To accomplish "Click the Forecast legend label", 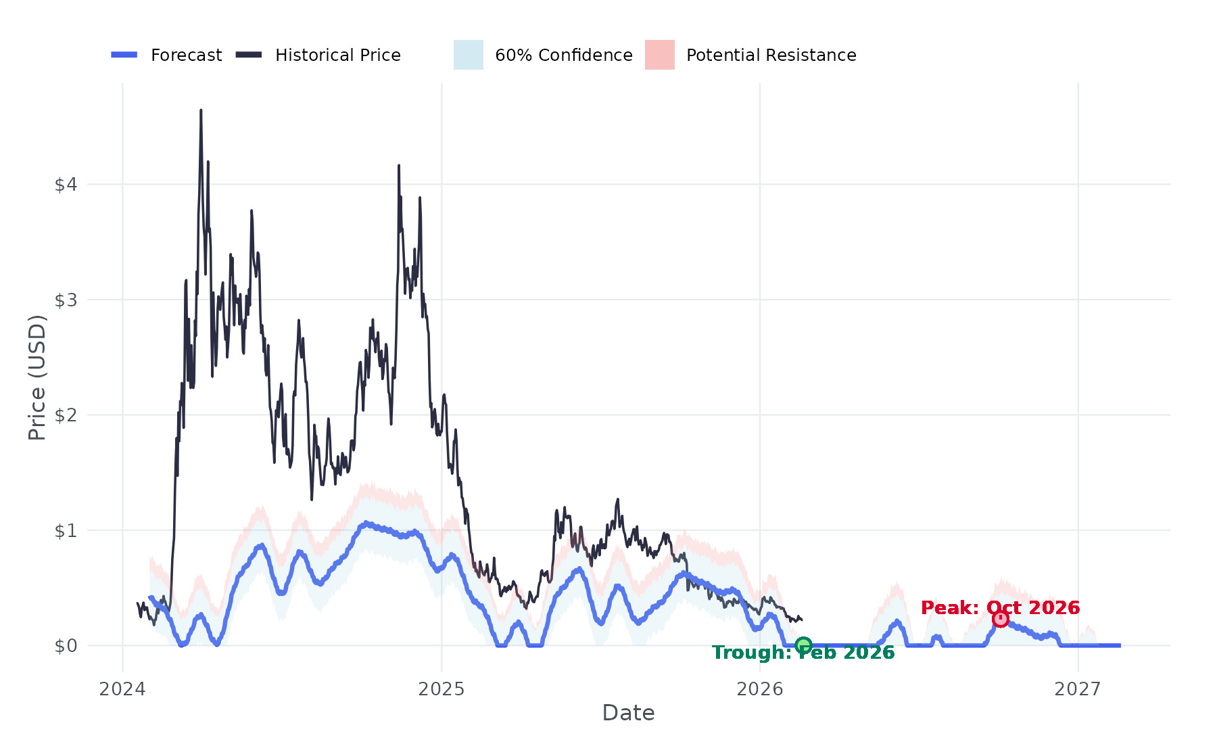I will [x=186, y=55].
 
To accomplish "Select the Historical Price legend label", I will [x=337, y=55].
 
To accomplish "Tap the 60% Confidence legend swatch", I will [x=469, y=55].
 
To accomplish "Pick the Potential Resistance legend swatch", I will [x=660, y=55].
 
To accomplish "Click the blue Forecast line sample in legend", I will [x=124, y=55].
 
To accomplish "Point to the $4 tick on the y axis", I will [x=66, y=185].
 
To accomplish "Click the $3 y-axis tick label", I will [x=66, y=300].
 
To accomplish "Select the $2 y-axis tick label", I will [x=66, y=415].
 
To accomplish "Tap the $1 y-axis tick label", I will [x=66, y=530].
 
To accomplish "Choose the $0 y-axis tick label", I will [x=66, y=646].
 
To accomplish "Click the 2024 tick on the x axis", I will [x=122, y=689].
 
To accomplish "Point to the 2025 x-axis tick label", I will [x=442, y=689].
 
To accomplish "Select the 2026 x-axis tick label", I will [x=760, y=689].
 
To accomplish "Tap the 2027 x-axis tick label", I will [x=1078, y=689].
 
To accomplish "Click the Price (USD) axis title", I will [x=37, y=377].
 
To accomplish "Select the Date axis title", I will [x=628, y=713].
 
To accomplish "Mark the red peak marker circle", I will [x=1001, y=619].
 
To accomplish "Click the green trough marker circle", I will [x=803, y=645].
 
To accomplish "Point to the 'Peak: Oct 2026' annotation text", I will [x=1001, y=607].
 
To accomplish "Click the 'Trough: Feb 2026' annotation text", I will [x=803, y=653].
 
